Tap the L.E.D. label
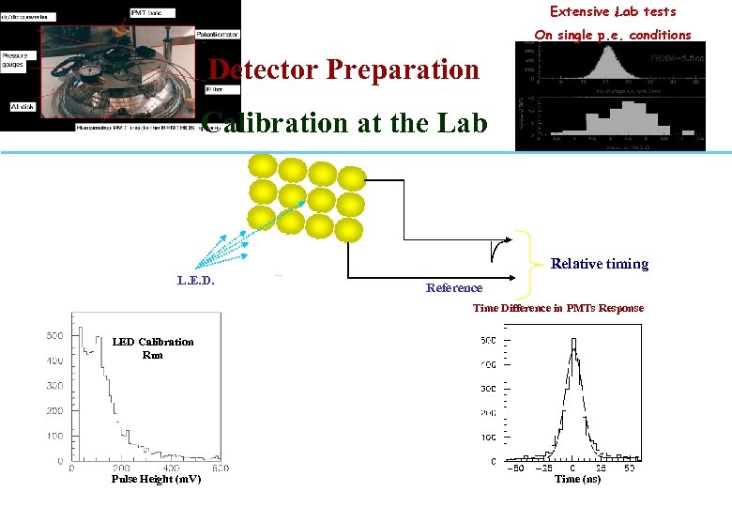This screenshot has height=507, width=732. [196, 280]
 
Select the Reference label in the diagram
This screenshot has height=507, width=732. [454, 288]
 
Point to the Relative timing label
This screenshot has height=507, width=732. [600, 264]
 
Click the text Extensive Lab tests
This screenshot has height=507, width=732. [613, 12]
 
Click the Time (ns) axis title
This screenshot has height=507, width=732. [578, 479]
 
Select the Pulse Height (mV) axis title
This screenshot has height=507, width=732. [156, 479]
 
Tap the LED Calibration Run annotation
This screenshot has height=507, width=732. [153, 348]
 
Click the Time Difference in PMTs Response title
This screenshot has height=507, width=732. [558, 308]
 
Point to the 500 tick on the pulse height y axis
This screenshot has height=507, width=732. [53, 335]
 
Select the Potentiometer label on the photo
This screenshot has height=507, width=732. [219, 35]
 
